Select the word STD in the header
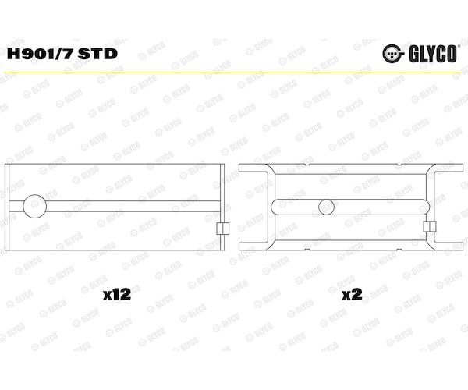coord(97,54)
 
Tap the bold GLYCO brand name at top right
coord(433,54)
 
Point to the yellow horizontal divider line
coord(234,73)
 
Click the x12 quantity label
coord(117,295)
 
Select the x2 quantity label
coord(352,295)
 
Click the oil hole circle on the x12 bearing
coord(35,206)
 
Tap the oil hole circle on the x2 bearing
coord(327,207)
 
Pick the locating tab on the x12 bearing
coord(222,229)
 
